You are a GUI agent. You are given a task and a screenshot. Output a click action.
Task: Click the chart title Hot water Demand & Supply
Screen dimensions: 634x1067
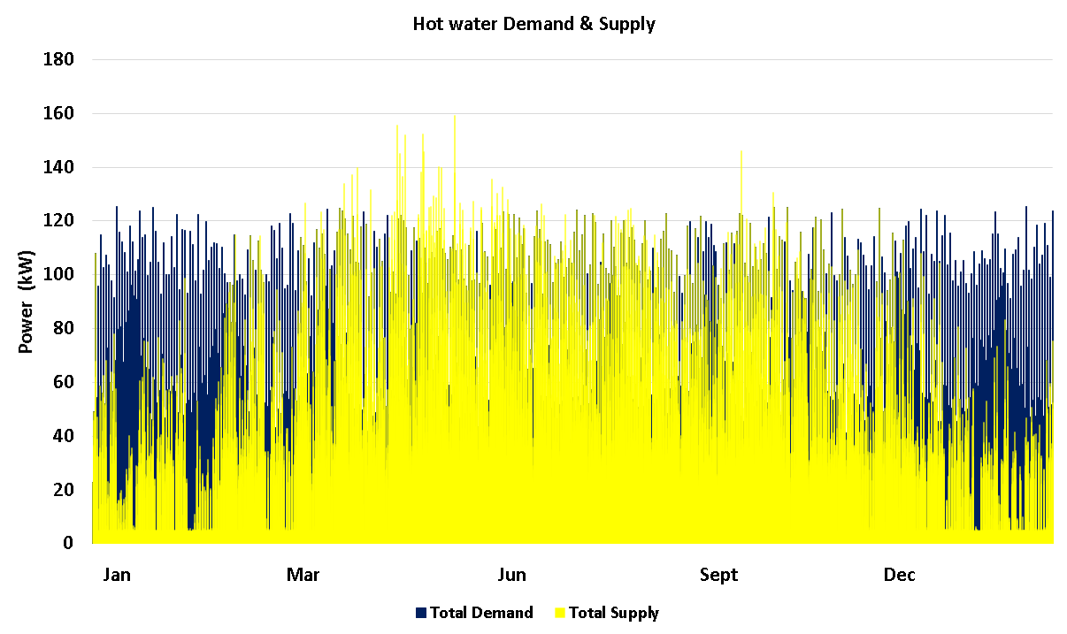[x=533, y=24]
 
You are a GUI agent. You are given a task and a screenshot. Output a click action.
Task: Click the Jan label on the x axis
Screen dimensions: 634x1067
[x=117, y=576]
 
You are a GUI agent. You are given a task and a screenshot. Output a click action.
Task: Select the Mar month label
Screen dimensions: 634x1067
[x=303, y=576]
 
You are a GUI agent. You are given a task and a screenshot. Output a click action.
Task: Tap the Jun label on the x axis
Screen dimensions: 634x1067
[x=511, y=576]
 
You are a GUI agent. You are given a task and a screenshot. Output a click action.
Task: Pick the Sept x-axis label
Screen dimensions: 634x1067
[x=718, y=576]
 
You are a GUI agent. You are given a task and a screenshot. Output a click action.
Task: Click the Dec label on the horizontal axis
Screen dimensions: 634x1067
[x=900, y=576]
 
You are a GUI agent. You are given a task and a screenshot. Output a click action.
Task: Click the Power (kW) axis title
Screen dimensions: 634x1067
[x=26, y=302]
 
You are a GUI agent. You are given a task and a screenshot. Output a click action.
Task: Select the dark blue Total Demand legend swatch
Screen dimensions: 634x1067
[x=421, y=613]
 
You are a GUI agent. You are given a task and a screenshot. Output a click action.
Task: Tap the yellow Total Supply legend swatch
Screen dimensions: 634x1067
[x=559, y=613]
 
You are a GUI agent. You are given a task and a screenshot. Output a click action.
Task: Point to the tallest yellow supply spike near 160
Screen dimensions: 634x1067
[x=455, y=118]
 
